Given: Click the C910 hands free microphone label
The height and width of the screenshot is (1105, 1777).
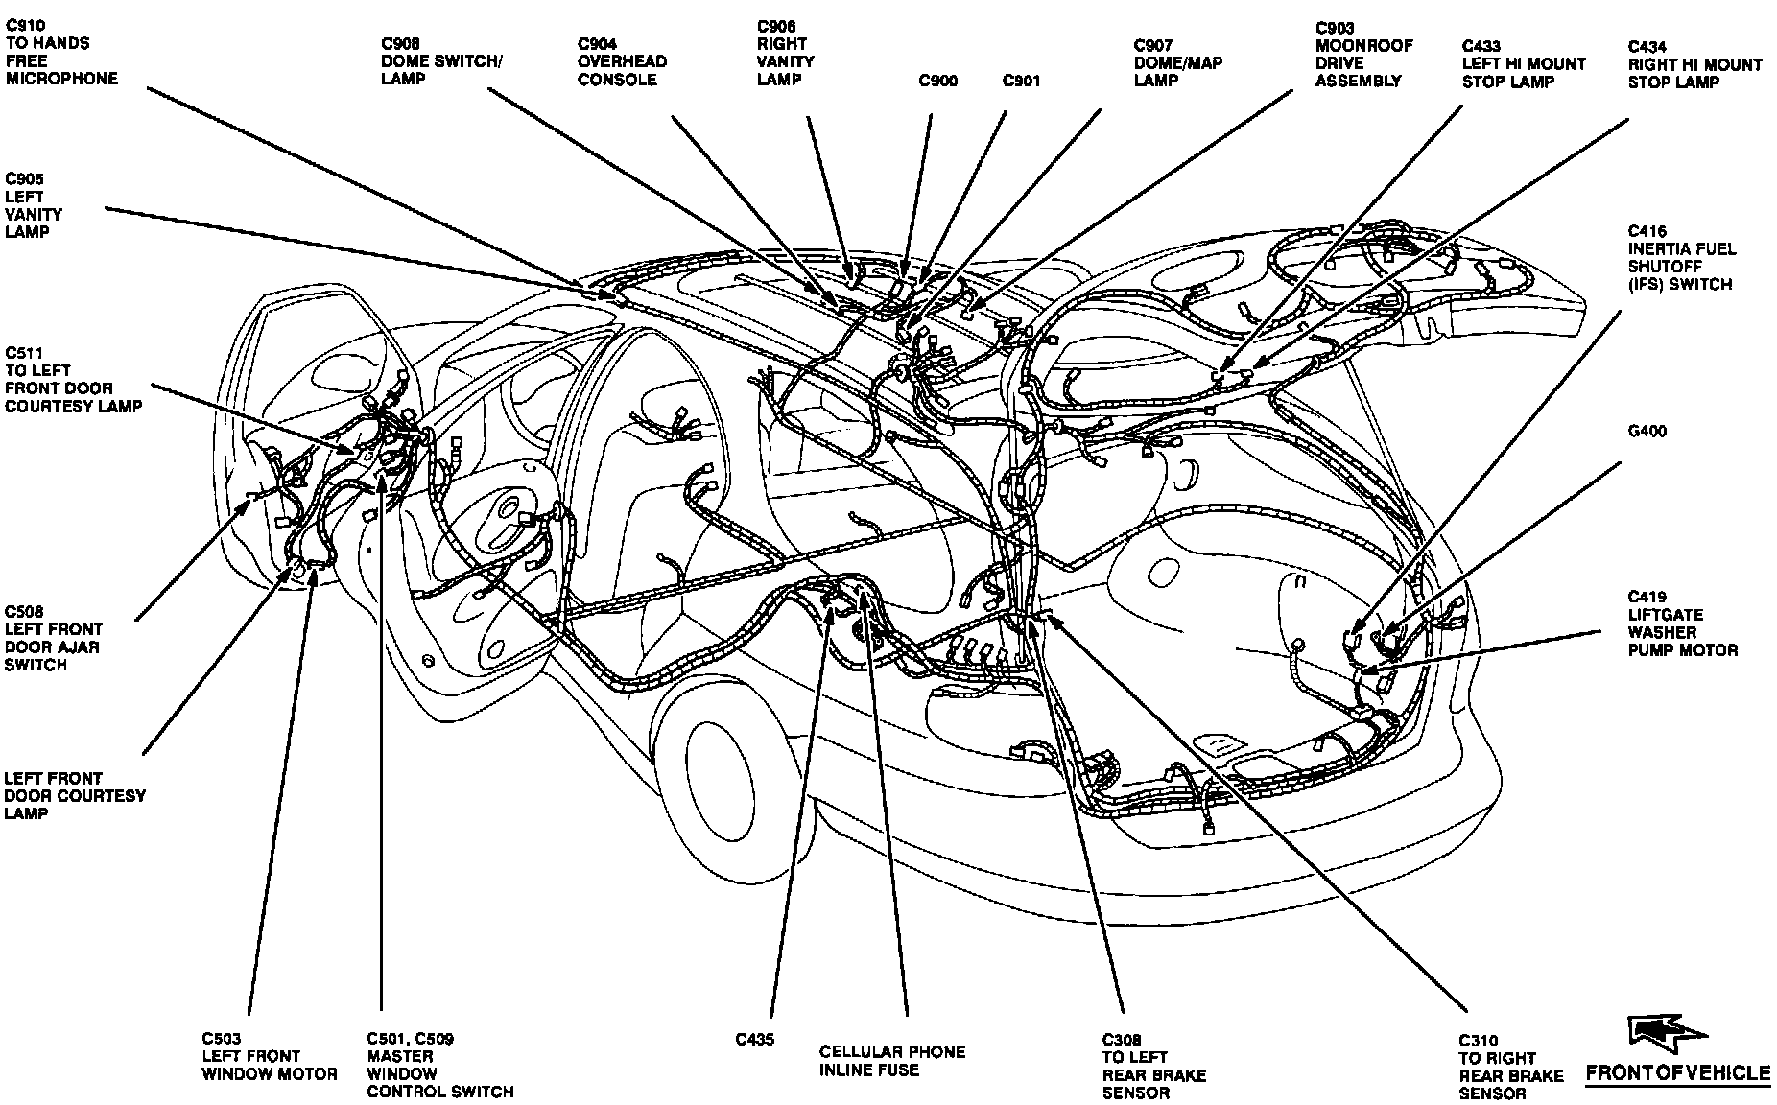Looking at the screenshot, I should click(61, 52).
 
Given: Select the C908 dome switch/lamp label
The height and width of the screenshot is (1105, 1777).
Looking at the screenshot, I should click(441, 60).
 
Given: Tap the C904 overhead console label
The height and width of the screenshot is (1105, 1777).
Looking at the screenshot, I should click(622, 61).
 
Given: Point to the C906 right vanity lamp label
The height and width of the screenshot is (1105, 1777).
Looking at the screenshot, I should click(785, 53).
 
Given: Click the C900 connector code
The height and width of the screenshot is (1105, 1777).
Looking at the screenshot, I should click(937, 82).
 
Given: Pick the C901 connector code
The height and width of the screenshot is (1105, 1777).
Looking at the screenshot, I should click(1021, 82).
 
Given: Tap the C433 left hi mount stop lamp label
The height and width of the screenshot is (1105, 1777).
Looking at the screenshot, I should click(1524, 63).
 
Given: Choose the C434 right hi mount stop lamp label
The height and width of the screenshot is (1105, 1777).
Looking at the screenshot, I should click(1694, 64).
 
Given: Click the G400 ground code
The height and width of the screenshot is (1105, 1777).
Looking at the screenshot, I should click(1647, 432).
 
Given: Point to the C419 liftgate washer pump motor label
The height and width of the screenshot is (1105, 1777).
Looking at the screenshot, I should click(1682, 623).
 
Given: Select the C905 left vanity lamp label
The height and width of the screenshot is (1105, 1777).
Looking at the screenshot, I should click(34, 205).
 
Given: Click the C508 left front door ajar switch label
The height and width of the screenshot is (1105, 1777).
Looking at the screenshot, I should click(54, 638).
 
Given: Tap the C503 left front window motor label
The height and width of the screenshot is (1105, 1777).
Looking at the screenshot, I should click(270, 1056).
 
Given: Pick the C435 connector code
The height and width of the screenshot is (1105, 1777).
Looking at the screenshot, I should click(755, 1040).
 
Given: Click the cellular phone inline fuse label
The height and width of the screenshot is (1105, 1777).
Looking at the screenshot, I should click(892, 1060).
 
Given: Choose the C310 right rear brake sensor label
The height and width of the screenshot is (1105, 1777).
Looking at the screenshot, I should click(1510, 1067).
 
